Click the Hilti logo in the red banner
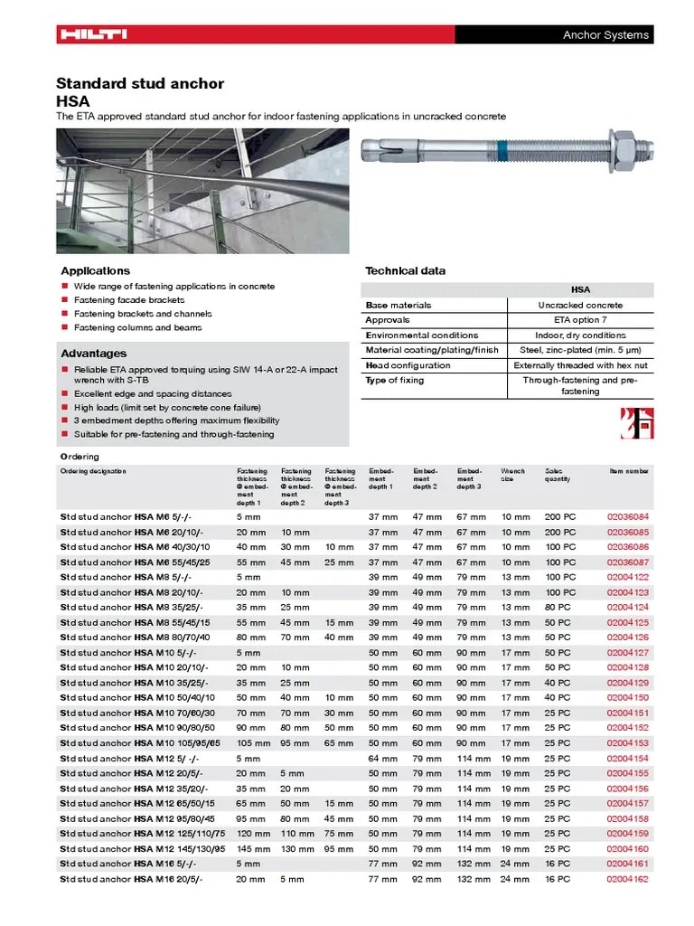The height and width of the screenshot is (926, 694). click(93, 35)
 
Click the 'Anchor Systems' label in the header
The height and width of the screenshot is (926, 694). click(605, 35)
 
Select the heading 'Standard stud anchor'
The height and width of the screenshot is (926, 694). click(140, 83)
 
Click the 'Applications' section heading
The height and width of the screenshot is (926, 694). click(95, 271)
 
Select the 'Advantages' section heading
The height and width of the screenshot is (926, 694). click(93, 354)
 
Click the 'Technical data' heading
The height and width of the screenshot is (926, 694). click(405, 271)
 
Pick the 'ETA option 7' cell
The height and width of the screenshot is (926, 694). click(580, 320)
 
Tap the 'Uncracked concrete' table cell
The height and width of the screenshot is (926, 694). click(580, 306)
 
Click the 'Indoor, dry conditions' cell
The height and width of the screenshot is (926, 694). click(580, 335)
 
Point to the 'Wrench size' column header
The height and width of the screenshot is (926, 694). click(512, 475)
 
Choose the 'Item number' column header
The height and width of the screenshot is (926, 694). click(629, 471)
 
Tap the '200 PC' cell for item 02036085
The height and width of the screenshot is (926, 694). click(559, 532)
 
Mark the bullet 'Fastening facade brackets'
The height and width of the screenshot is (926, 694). click(129, 300)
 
